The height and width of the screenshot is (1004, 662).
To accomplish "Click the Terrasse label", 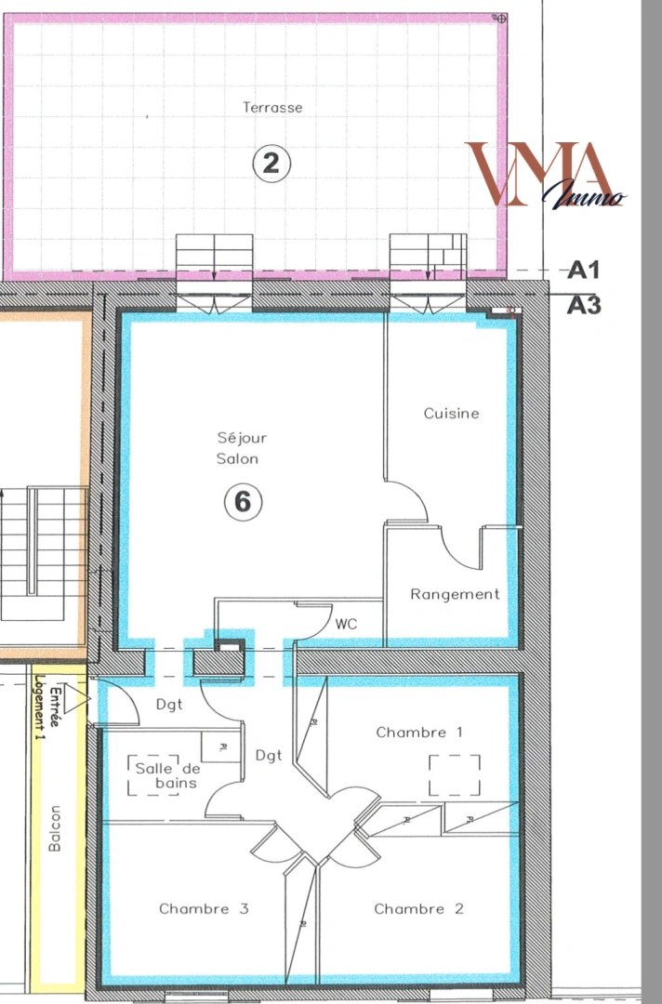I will coord(272,107).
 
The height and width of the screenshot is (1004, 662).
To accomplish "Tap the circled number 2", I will coord(271,164).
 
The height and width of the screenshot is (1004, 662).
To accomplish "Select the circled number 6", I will coord(243,502).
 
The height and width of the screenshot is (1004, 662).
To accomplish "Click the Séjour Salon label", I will coord(242,448).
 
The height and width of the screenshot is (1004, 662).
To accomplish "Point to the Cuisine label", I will coord(452,413).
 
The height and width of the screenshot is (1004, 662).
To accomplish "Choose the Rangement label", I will coord(456,594).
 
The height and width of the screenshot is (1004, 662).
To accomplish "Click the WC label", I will coord(347,624).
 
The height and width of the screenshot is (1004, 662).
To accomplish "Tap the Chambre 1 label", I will coord(419,733).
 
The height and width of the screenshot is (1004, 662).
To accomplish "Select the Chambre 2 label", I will coord(419,908).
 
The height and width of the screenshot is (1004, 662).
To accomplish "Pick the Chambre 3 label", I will coord(204,908).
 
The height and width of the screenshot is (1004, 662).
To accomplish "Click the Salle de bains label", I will coord(167,775).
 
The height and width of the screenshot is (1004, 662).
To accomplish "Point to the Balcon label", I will coord(55,828).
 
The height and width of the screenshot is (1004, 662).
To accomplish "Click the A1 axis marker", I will coord(584,271).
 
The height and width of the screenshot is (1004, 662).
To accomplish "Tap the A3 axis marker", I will coord(584,304).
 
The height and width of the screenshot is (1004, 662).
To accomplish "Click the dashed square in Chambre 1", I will coord(455,775).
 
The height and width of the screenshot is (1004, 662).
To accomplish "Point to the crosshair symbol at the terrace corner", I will coord(500,19).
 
